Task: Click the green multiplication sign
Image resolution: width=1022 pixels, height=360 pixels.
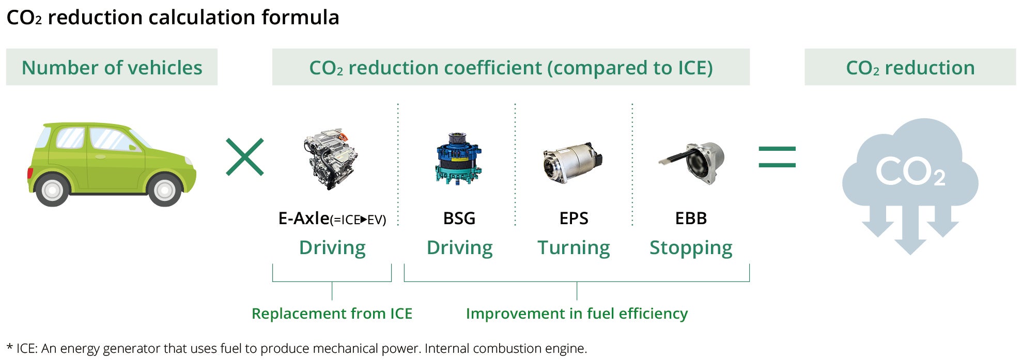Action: point(245,156)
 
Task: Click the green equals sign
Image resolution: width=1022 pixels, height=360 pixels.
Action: point(777,157)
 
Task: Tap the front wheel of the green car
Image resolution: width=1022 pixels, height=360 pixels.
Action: point(165,190)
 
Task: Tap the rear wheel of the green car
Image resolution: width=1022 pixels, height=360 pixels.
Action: point(52,190)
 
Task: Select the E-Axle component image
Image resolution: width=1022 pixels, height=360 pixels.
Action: point(331,160)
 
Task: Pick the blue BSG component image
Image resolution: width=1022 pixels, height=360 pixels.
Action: point(458,158)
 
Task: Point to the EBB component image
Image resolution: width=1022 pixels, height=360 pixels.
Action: point(692,163)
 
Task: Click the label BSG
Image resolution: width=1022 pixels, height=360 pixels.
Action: point(459,218)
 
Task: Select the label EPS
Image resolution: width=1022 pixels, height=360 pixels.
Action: point(574,218)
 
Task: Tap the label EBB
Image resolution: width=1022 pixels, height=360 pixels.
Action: point(691,218)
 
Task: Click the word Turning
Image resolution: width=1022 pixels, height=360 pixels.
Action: point(574,248)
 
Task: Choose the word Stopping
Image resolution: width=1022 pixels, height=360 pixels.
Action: point(691,248)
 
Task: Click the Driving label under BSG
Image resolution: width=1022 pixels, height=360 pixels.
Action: point(459,248)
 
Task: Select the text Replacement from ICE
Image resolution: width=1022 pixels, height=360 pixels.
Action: point(332,314)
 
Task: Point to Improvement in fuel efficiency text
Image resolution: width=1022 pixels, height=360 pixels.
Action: point(577,314)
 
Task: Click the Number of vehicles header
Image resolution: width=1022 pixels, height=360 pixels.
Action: point(112,68)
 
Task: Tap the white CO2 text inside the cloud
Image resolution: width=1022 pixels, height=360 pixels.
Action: point(910,171)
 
